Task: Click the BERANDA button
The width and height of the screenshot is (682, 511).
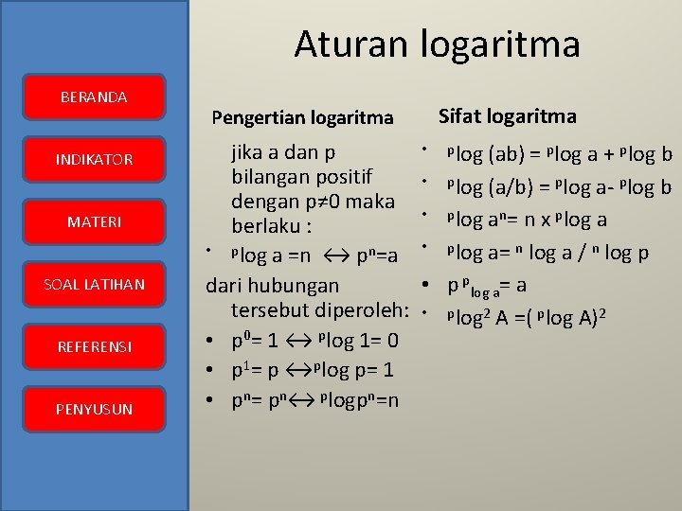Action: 94,97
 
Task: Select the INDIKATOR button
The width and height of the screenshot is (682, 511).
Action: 94,160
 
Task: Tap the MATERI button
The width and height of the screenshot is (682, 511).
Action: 94,222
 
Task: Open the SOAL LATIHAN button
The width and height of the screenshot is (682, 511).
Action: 94,284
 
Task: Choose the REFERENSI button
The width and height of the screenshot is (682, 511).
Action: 94,346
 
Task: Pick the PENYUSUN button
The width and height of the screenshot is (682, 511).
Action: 94,409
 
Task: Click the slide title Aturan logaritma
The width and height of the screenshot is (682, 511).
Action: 437,44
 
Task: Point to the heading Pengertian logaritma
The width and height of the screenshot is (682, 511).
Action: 302,117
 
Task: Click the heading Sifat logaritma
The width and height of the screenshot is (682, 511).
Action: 507,115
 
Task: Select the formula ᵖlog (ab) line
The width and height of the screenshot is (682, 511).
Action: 559,154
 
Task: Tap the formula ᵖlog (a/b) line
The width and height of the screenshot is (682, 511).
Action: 559,186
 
